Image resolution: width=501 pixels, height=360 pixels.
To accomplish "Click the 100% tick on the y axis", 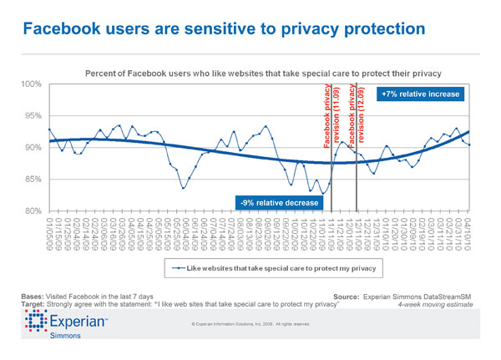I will (31, 85).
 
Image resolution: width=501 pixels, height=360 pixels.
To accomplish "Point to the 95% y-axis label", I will (33, 116).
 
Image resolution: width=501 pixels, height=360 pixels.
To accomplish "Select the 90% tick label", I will (33, 148).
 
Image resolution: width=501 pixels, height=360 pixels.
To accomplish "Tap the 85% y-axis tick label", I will (33, 180).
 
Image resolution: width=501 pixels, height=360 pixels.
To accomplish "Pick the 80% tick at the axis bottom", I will (33, 210).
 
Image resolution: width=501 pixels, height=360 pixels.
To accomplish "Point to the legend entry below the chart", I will (254, 269).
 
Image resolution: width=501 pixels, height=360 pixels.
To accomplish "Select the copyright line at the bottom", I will (250, 324).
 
